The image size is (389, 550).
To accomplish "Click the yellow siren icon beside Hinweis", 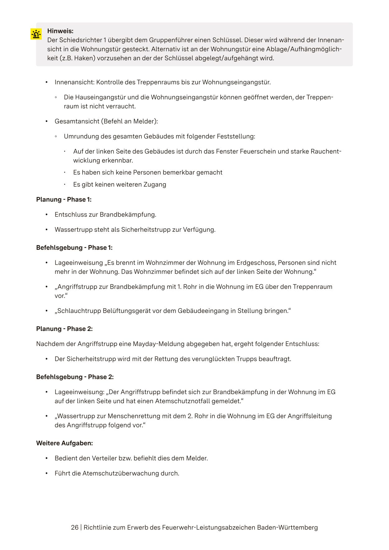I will coord(36,34).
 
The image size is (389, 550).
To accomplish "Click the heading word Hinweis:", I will coord(60,31).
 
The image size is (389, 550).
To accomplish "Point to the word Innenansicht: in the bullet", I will coord(74,82).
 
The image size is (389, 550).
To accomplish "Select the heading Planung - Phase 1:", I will coord(64,200).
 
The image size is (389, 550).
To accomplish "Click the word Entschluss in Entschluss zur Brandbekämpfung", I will coord(69,215).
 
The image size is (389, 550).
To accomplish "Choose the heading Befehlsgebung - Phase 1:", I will coord(74,248).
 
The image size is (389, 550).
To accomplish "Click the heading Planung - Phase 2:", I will coord(64,329).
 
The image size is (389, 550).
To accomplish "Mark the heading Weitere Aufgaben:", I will coord(64,443).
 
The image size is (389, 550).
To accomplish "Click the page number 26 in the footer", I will coord(75,528).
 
